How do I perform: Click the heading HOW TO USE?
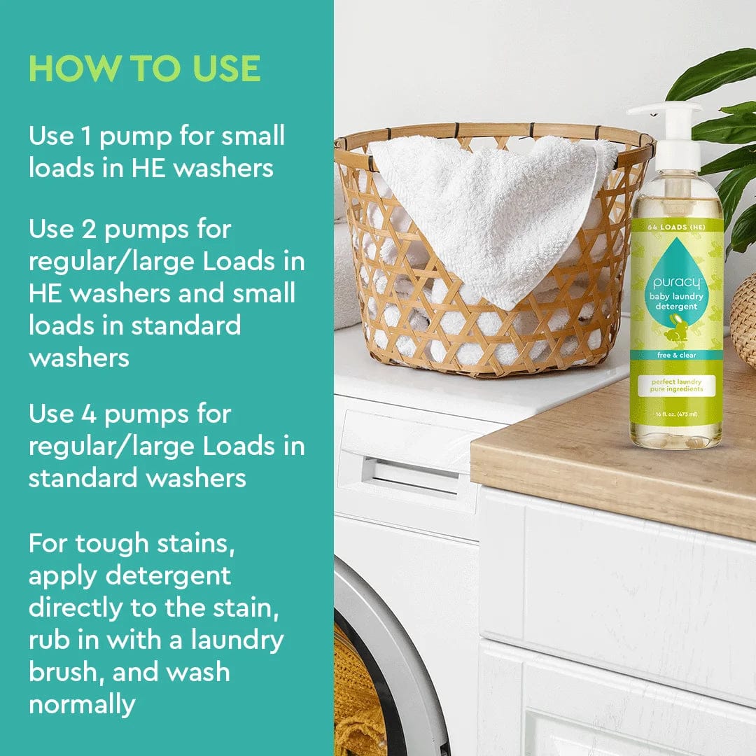[x=144, y=68]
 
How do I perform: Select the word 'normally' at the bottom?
[x=82, y=703]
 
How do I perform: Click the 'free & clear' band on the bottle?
[x=676, y=355]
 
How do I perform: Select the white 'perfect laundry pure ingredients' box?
[x=676, y=386]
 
